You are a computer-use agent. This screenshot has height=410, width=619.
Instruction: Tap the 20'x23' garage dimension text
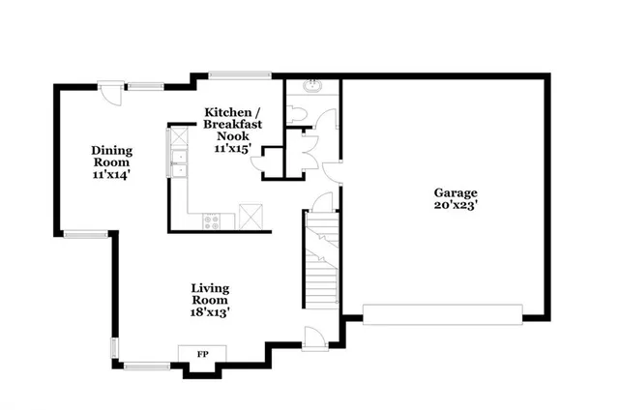(455, 205)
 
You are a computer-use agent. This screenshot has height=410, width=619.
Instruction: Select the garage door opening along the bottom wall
(442, 313)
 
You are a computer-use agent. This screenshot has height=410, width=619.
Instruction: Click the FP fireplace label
(203, 354)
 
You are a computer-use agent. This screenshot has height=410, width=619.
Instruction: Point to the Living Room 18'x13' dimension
(209, 311)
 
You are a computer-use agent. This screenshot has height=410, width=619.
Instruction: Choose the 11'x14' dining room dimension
(111, 176)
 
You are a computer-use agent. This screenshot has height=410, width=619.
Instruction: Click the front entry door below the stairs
(313, 337)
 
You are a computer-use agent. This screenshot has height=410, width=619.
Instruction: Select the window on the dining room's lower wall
(86, 232)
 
